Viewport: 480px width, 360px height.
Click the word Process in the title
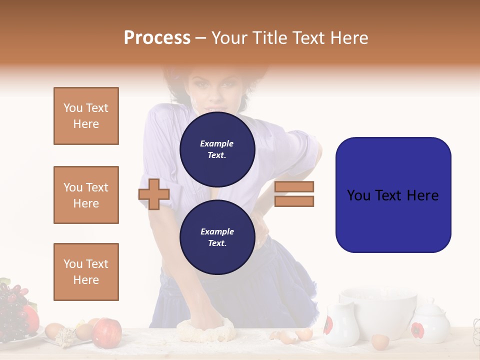pyautogui.click(x=157, y=38)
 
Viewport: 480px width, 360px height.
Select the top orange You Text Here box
pyautogui.click(x=86, y=116)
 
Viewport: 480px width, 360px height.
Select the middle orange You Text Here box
pyautogui.click(x=86, y=195)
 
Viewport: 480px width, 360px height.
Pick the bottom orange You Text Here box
pyautogui.click(x=86, y=272)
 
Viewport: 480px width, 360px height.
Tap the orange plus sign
pyautogui.click(x=154, y=194)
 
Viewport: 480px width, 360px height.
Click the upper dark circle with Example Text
pyautogui.click(x=217, y=149)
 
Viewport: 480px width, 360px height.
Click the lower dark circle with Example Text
pyautogui.click(x=217, y=237)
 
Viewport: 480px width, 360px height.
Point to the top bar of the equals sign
pyautogui.click(x=294, y=187)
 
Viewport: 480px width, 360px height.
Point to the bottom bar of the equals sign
pyautogui.click(x=294, y=201)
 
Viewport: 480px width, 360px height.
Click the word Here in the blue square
pyautogui.click(x=422, y=195)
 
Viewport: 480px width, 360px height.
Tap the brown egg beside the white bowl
pyautogui.click(x=380, y=342)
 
